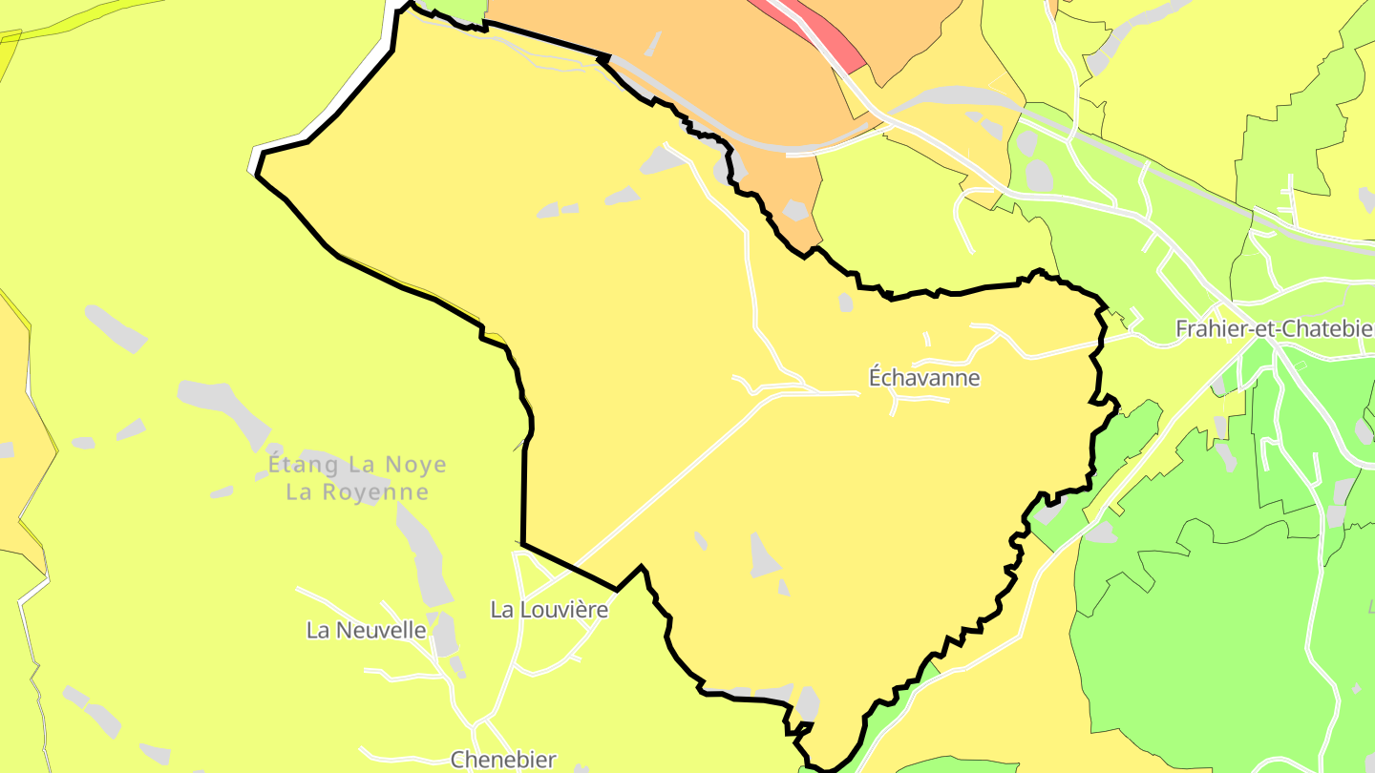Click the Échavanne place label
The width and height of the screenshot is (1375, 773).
coord(923,378)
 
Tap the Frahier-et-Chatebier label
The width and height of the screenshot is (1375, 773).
coord(1274,329)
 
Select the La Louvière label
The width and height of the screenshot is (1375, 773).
coord(548,609)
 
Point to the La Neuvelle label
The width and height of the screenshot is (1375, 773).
coord(366,630)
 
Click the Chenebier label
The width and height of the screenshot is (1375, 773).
coord(503,760)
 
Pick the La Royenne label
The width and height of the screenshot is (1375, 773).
coord(357,492)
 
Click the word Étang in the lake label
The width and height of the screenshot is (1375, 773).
coord(303,465)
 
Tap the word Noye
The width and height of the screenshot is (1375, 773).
coord(415,465)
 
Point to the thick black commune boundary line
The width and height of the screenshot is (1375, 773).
coord(524,496)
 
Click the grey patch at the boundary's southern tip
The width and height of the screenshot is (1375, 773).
coord(808,703)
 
